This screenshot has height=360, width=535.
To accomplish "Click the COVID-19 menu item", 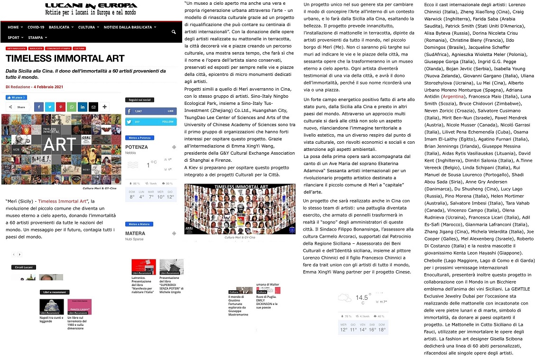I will tap(36, 27).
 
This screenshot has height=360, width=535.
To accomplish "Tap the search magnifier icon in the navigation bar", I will tap(174, 32).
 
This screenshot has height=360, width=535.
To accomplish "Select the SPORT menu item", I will tap(14, 37).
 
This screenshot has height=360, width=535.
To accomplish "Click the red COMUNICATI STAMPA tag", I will tap(58, 48).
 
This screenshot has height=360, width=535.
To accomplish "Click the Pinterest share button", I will tap(60, 107).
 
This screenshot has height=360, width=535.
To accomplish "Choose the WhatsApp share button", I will tap(71, 107).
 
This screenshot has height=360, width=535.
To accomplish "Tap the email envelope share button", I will tap(93, 107).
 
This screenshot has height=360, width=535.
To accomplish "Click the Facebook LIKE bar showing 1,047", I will tap(150, 111).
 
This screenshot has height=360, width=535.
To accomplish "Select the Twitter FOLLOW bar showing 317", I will tap(150, 121).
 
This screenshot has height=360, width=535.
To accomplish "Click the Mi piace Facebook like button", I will tap(16, 98).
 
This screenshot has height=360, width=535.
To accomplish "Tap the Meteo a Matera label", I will tap(139, 224).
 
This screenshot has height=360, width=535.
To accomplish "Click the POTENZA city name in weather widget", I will tap(137, 147).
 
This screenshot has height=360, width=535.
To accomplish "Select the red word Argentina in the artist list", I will tap(453, 96).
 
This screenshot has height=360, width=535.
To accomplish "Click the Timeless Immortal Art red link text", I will tap(63, 201).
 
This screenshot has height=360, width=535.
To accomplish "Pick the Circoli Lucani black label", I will tap(24, 268).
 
